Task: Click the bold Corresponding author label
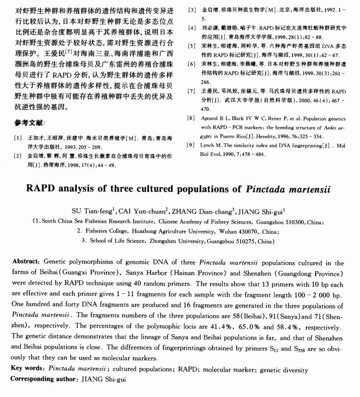[x=43, y=379]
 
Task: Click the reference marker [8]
[x=191, y=118]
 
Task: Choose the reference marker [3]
[x=191, y=9]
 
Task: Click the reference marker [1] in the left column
[x=18, y=137]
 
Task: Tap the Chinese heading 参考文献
[x=30, y=123]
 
